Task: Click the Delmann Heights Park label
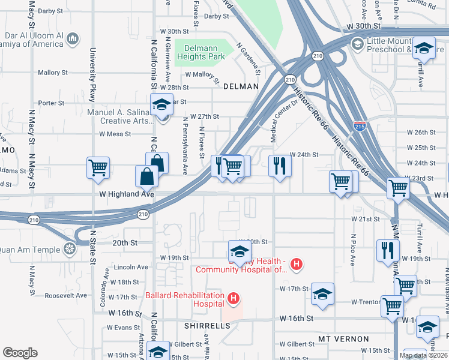tap(200, 52)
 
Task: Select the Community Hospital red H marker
tap(295, 263)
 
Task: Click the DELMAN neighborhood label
tap(241, 86)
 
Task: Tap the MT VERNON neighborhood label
tap(343, 339)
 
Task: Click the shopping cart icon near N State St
tap(98, 167)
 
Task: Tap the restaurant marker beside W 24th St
tap(280, 165)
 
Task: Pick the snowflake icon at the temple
tap(70, 248)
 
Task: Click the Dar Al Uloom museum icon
tap(73, 39)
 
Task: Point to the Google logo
tap(20, 353)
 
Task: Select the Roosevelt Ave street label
tap(67, 295)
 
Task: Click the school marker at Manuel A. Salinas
tap(161, 105)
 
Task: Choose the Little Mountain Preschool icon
tap(357, 44)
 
